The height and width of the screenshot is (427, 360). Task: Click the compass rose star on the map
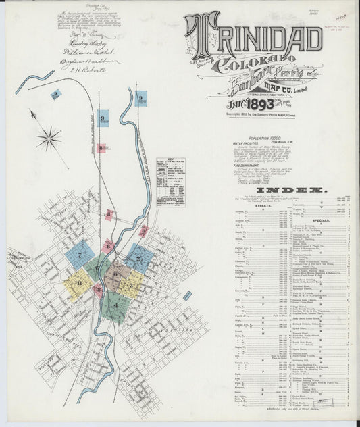(x=49, y=139)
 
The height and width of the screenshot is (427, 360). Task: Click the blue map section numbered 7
(x=79, y=255)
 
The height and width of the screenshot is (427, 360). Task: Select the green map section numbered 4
(x=114, y=307)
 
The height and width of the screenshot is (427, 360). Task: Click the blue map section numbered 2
(x=139, y=257)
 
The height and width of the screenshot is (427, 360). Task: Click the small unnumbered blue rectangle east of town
(x=187, y=295)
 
